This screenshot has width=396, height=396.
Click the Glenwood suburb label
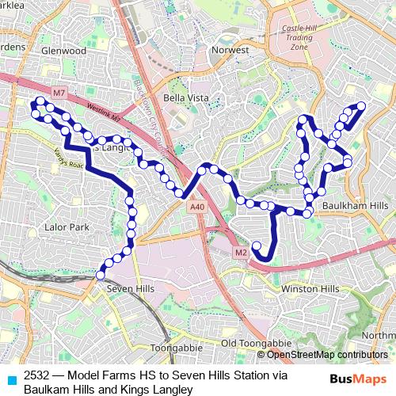tap(65, 50)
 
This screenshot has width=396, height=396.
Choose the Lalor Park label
tap(67, 227)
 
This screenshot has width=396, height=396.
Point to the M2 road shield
tap(242, 253)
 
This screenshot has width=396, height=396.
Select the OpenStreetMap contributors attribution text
tap(328, 354)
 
